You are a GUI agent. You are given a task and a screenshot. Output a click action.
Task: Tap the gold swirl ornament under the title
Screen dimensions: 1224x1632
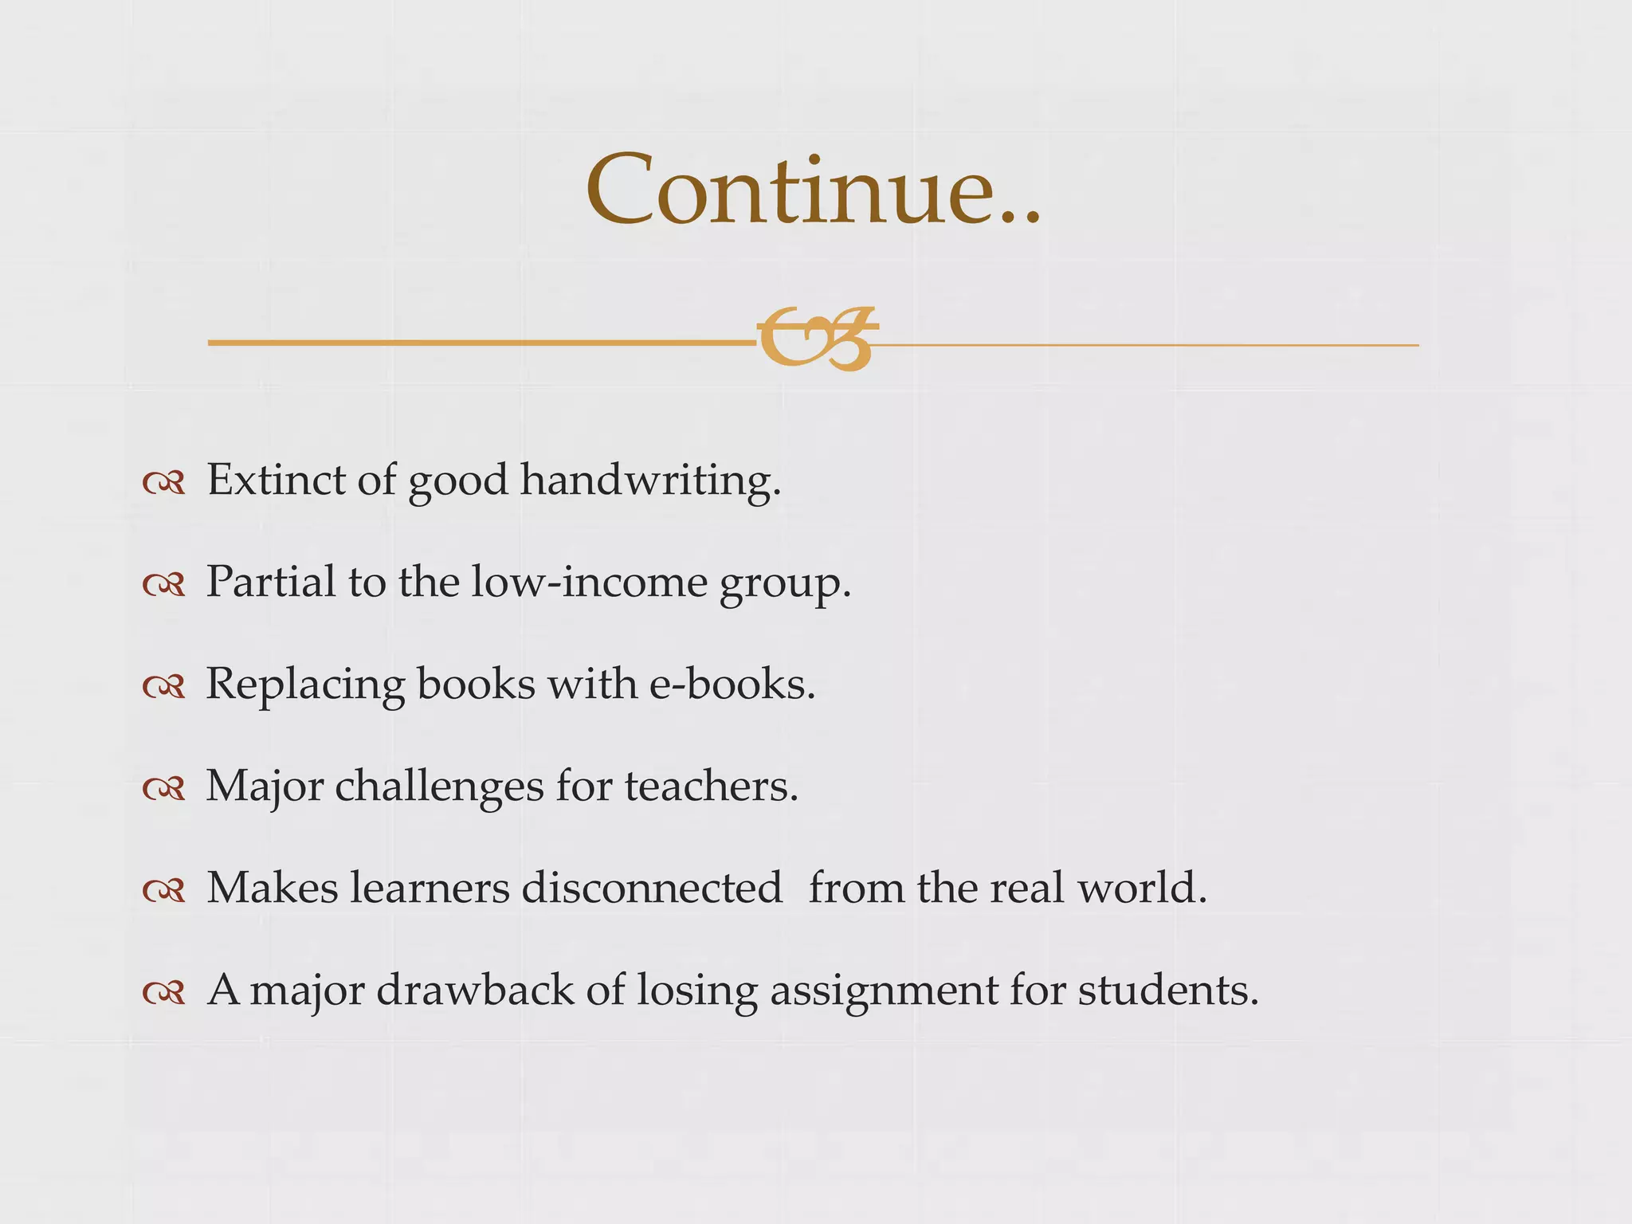click(817, 339)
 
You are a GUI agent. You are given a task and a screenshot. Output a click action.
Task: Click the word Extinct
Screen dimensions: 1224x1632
click(276, 480)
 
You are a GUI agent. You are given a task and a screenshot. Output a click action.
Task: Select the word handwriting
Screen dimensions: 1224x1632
click(650, 481)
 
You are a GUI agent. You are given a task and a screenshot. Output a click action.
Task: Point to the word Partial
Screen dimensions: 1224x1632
click(271, 582)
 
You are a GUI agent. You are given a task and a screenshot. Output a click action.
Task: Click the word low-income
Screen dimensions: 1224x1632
click(589, 582)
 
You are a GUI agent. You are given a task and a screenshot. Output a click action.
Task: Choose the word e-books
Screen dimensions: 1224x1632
click(732, 684)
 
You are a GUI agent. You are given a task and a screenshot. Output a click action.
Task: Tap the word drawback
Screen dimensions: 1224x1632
click(475, 990)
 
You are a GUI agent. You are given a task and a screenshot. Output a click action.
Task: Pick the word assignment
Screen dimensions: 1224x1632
click(884, 991)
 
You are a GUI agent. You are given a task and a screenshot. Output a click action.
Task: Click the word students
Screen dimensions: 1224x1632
click(1168, 990)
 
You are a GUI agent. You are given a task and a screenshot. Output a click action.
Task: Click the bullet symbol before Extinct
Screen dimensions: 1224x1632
click(164, 483)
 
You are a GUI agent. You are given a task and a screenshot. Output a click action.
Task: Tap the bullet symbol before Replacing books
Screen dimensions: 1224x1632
click(164, 687)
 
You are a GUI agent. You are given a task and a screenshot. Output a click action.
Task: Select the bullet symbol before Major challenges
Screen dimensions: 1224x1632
click(164, 789)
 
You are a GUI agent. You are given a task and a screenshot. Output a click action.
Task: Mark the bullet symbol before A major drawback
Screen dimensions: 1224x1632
click(164, 993)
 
